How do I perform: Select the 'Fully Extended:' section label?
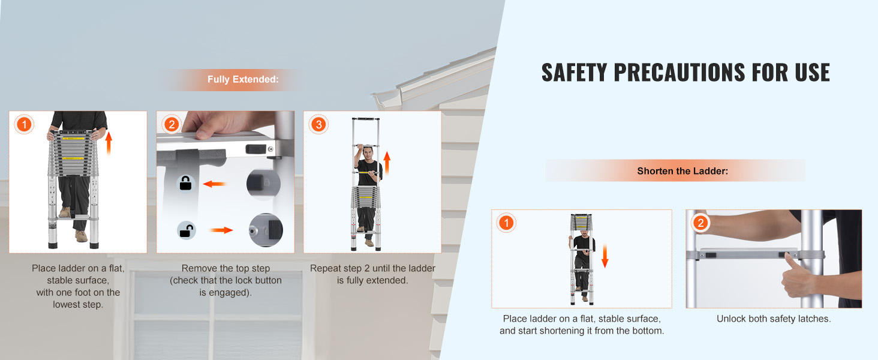click(243, 79)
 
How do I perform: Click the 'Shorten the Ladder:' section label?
click(682, 171)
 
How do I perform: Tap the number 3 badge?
click(318, 125)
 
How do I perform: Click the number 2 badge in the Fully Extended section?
click(172, 125)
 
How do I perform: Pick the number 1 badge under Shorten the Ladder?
click(506, 224)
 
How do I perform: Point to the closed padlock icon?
click(186, 183)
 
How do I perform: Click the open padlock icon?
click(186, 229)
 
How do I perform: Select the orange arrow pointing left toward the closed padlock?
click(214, 184)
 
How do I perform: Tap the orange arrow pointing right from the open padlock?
click(220, 229)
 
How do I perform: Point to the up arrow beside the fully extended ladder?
click(387, 163)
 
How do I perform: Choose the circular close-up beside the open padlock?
click(266, 230)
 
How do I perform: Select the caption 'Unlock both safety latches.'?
click(774, 319)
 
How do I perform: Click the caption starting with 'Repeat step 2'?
click(372, 274)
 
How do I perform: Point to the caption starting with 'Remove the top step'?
click(225, 280)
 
